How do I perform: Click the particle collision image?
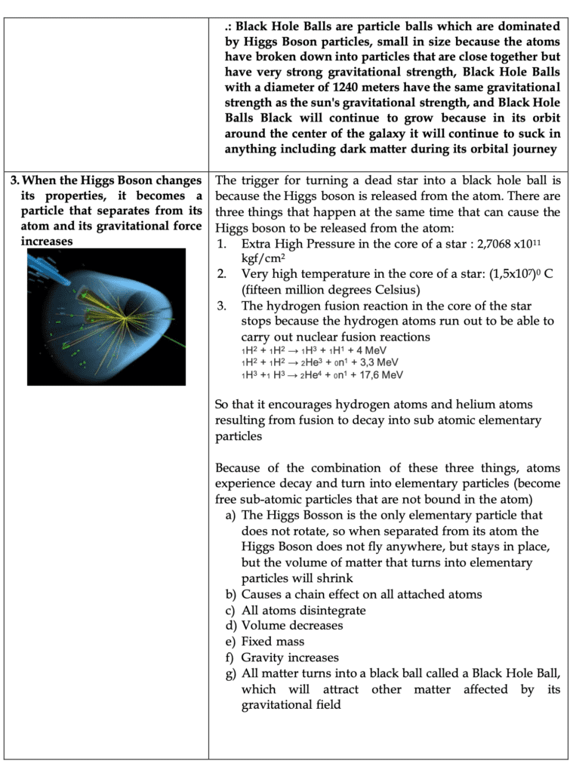click(106, 317)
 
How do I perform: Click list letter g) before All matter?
click(230, 673)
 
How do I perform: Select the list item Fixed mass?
click(273, 642)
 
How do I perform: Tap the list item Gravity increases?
click(290, 658)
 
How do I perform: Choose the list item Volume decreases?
click(291, 626)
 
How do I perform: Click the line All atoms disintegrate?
click(303, 610)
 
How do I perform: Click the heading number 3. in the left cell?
click(15, 180)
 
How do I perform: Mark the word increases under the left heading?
click(47, 241)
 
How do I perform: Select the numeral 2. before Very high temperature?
click(222, 273)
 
